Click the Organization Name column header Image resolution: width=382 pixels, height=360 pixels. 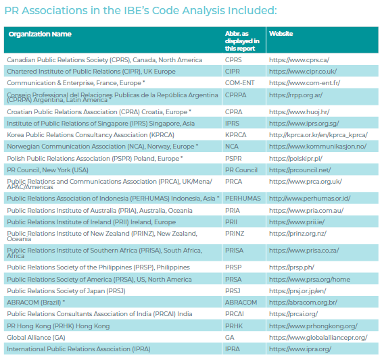tap(40, 34)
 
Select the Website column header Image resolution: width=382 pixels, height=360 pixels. tap(281, 34)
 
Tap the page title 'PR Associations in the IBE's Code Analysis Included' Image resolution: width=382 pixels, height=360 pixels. tap(141, 11)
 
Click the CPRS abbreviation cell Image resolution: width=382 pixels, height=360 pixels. tap(233, 60)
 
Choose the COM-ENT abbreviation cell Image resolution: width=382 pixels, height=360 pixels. tap(239, 83)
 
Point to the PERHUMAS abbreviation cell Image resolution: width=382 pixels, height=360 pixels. tap(243, 199)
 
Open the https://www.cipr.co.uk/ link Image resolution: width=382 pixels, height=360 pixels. tap(303, 72)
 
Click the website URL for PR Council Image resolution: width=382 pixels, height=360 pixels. tap(300, 170)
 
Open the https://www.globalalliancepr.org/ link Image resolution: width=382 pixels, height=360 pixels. tap(318, 338)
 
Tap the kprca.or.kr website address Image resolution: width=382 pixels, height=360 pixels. tap(318, 135)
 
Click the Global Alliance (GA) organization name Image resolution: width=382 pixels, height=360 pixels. tap(36, 338)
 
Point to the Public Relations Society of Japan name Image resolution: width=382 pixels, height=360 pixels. tap(66, 291)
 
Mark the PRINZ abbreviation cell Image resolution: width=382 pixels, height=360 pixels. tap(235, 234)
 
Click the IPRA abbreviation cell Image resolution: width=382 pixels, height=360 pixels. tap(232, 349)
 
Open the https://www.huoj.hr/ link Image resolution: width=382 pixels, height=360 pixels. tap(299, 112)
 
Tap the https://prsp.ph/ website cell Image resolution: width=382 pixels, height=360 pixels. tap(291, 267)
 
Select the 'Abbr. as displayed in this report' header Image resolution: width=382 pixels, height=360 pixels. tap(242, 41)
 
